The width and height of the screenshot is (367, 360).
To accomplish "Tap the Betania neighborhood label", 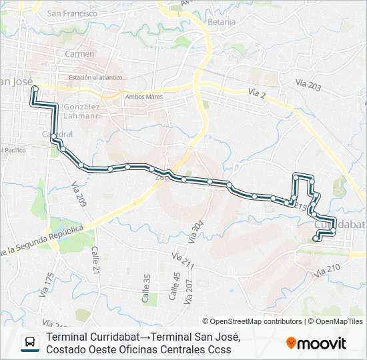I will (222, 22).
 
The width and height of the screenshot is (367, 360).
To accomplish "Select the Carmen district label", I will (80, 54).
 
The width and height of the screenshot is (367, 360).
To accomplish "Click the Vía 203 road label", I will (309, 86).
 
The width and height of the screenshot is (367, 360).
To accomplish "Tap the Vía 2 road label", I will (256, 95).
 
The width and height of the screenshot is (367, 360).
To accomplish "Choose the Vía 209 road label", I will (79, 193).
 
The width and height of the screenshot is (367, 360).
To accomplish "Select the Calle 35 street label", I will (146, 289).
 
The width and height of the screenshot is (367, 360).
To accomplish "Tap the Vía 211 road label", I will (182, 261).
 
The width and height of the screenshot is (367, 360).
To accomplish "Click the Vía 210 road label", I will (327, 269).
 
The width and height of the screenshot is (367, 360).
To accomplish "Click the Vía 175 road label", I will (46, 284).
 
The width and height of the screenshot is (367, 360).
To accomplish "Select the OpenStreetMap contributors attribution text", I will (252, 321).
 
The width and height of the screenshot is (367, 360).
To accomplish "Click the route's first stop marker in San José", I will (35, 89).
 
